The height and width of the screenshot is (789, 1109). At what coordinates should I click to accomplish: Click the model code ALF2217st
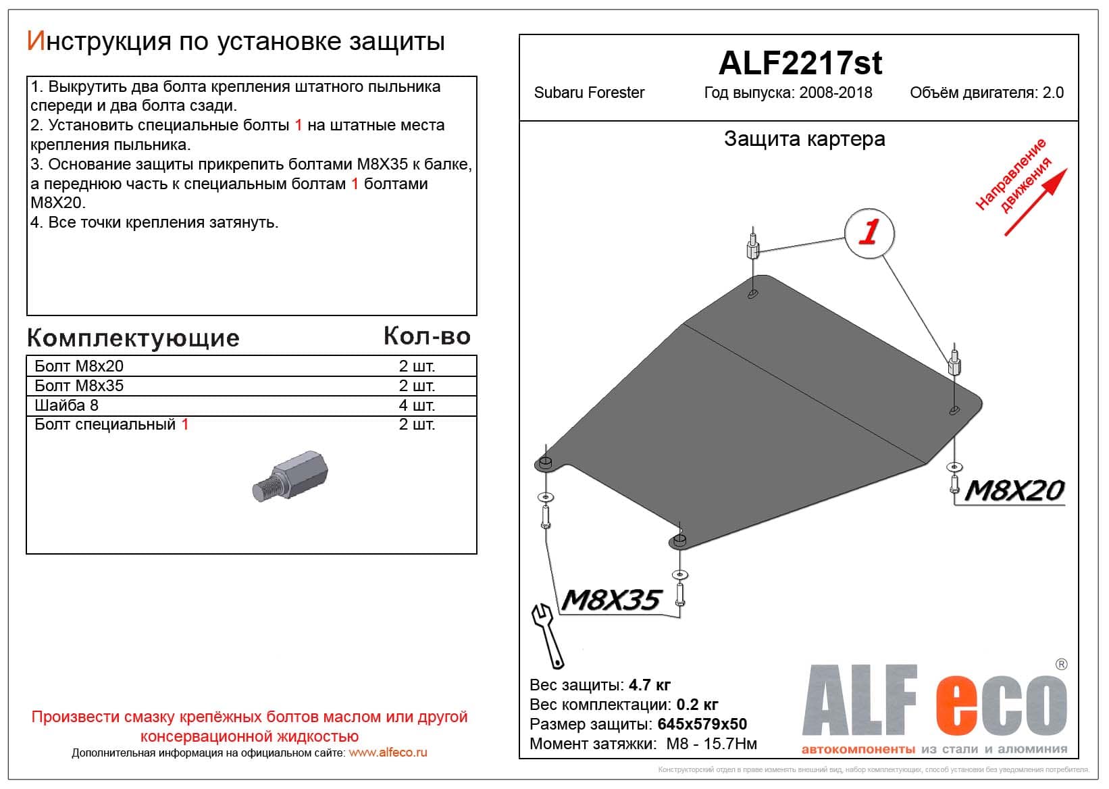(x=800, y=63)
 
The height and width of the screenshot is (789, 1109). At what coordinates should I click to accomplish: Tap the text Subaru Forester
(x=589, y=93)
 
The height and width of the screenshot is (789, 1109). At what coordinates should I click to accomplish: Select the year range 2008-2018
(x=835, y=93)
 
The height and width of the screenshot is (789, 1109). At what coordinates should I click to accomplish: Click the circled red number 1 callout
(x=869, y=232)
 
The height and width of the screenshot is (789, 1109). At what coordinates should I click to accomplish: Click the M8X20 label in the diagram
(x=1014, y=490)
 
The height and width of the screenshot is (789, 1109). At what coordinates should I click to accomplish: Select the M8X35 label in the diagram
(x=610, y=600)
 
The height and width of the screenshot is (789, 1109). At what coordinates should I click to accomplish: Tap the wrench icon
(x=548, y=635)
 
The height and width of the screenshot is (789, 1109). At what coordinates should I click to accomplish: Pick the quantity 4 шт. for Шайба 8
(x=417, y=405)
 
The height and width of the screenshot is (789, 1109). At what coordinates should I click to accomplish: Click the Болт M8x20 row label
(x=79, y=366)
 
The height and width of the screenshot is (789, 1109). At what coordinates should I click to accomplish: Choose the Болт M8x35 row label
(x=79, y=386)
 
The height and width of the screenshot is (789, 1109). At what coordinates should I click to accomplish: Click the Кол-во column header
(x=427, y=336)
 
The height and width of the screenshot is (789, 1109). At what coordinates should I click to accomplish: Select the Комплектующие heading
(x=133, y=338)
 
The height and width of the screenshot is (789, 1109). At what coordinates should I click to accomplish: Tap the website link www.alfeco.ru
(x=388, y=753)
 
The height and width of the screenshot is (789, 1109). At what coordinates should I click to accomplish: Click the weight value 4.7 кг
(x=649, y=685)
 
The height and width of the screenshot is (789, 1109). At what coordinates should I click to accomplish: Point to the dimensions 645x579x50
(x=702, y=724)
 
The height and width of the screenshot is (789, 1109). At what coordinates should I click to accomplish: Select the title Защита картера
(x=804, y=139)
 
